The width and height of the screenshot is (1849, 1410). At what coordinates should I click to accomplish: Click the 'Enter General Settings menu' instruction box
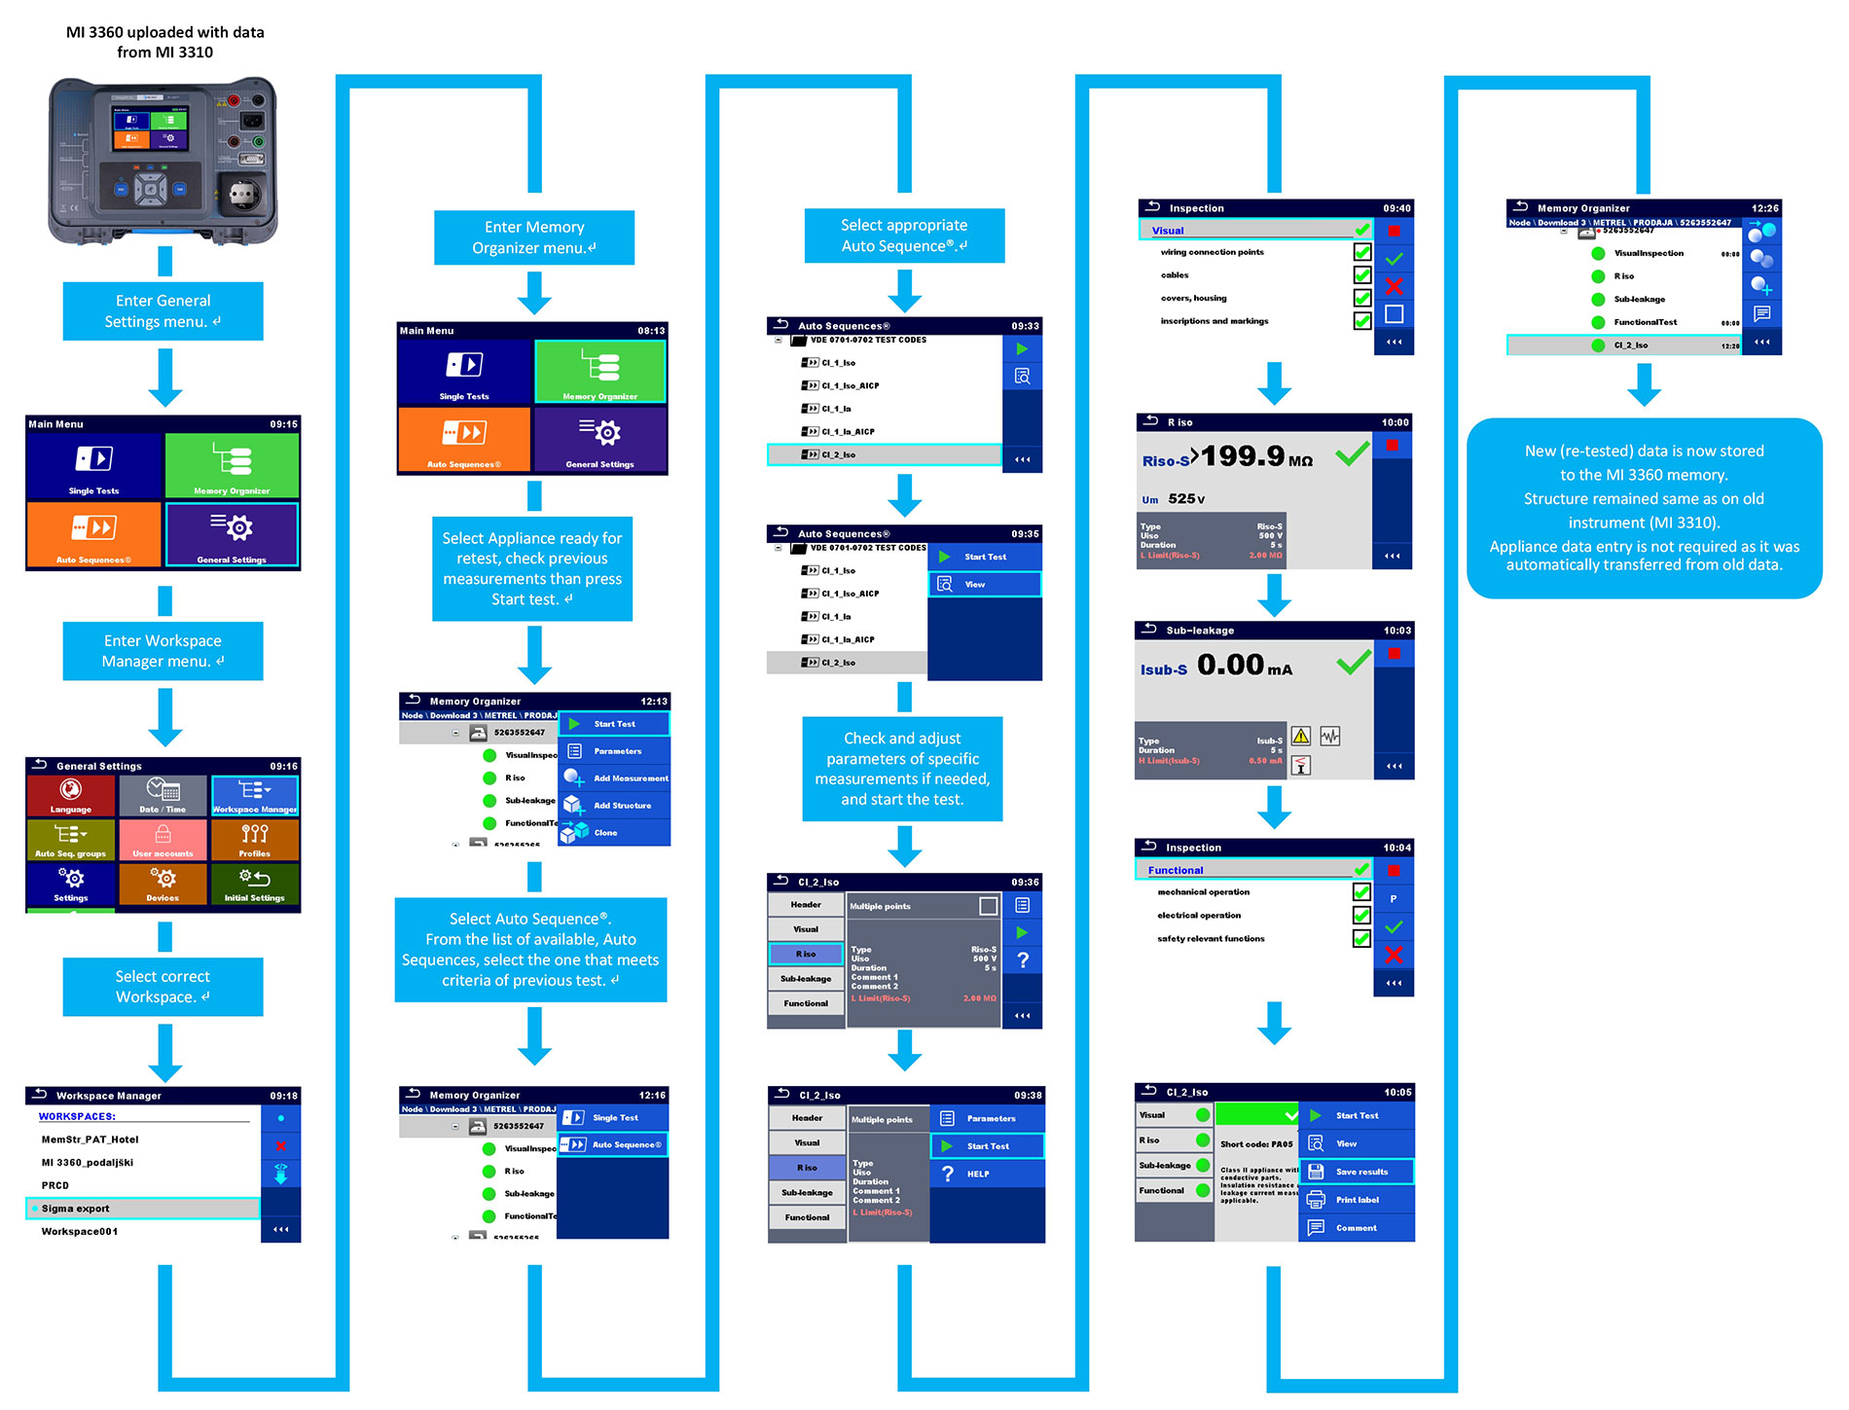pos(163,311)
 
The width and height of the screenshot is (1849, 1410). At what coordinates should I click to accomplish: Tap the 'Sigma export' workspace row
pos(143,1209)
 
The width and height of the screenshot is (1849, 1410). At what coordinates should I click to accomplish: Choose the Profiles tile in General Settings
pos(255,840)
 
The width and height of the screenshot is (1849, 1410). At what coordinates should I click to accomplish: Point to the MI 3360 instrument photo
pos(163,162)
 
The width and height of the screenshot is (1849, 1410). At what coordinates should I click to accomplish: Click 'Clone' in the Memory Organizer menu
pos(613,833)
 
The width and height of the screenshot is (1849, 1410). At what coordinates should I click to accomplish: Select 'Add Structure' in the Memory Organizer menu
pos(613,806)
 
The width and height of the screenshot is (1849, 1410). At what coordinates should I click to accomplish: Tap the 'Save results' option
pos(1356,1172)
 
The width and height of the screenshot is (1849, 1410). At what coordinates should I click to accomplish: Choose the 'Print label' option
pos(1356,1200)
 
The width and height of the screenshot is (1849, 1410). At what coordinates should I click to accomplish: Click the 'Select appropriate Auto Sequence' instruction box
pos(904,235)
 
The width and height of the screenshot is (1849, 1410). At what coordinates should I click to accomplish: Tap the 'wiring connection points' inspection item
pos(1212,253)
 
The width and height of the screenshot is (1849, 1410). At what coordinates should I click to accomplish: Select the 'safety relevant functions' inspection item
pos(1211,939)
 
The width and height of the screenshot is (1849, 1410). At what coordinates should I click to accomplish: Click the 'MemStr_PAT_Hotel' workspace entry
pos(90,1139)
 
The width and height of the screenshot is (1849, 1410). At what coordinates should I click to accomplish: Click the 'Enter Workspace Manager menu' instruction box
pos(163,651)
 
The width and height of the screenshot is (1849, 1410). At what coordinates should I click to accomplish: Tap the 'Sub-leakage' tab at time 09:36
pos(806,979)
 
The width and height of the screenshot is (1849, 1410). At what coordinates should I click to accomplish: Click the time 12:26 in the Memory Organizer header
pos(1764,208)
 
